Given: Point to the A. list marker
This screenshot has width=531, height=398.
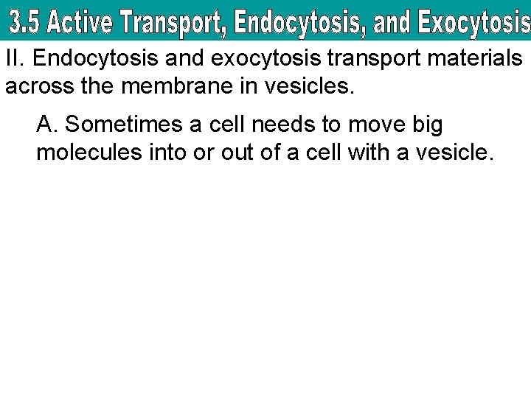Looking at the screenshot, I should (x=46, y=125).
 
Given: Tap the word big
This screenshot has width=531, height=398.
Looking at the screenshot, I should (x=427, y=125).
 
